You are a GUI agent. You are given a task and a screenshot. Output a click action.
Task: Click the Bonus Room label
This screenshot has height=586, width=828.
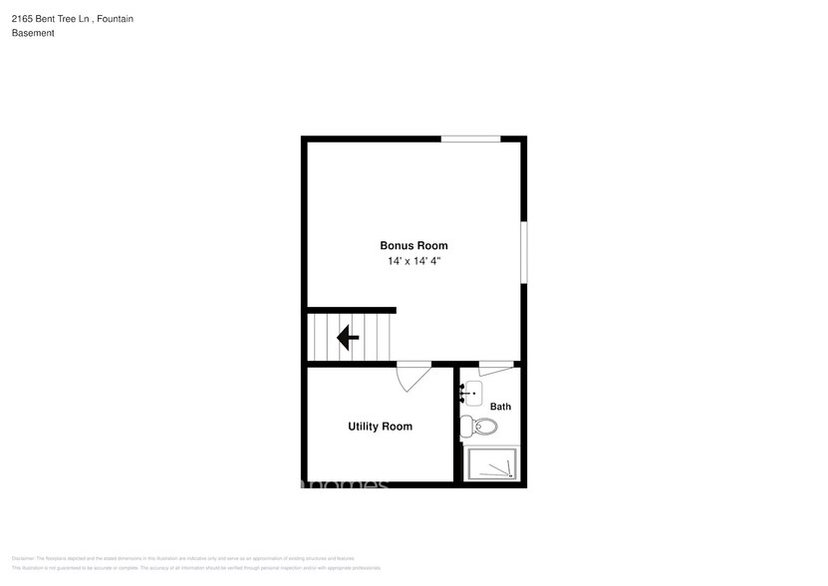(x=414, y=245)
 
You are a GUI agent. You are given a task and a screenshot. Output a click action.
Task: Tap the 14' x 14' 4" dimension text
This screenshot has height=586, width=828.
(x=414, y=261)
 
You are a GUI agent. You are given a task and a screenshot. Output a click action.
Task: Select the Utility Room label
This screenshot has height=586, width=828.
(x=380, y=427)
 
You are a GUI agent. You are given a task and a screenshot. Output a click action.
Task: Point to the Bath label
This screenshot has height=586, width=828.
(x=500, y=407)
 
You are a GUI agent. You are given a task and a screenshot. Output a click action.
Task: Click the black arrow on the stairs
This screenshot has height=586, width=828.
(x=348, y=339)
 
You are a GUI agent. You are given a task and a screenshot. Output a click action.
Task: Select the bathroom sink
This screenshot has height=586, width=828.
(x=471, y=393)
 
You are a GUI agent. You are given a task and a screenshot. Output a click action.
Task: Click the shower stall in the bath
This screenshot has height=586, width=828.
(x=493, y=464)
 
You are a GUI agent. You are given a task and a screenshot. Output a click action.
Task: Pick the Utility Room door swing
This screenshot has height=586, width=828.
(x=413, y=375)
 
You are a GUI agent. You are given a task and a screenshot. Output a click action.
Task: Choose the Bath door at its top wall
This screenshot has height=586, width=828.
(x=495, y=365)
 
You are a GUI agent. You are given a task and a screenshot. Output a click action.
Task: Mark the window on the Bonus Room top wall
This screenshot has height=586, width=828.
(x=471, y=139)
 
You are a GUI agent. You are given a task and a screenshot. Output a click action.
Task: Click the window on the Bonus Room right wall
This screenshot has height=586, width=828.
(x=524, y=252)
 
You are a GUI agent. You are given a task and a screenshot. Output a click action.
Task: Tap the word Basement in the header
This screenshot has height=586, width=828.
(x=33, y=33)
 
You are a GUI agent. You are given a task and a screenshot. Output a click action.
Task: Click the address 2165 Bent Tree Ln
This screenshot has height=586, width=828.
(x=56, y=17)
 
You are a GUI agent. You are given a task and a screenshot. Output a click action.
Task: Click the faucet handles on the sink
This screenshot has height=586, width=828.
(x=463, y=394)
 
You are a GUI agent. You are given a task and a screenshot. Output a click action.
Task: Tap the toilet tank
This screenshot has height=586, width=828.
(x=464, y=428)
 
